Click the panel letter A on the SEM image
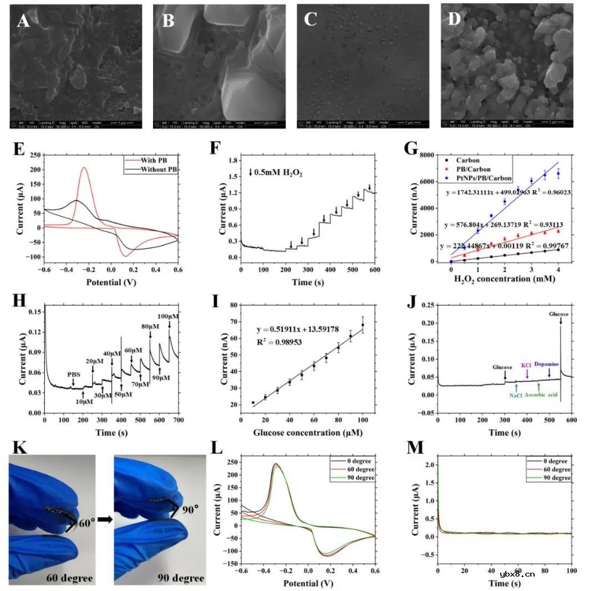[23, 21]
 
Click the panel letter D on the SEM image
[454, 21]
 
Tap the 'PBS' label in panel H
[73, 374]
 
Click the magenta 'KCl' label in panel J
[526, 366]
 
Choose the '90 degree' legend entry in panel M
[556, 478]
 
